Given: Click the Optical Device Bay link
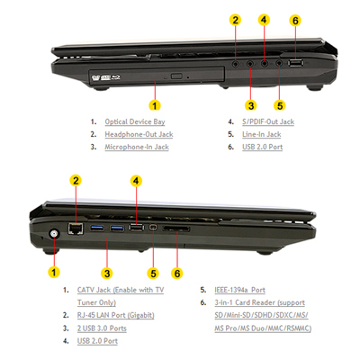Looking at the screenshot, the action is pyautogui.click(x=135, y=121).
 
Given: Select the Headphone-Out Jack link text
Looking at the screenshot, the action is pyautogui.click(x=139, y=134).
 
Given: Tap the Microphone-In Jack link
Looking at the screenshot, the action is pyautogui.click(x=137, y=147).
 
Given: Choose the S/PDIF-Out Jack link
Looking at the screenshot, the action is pyautogui.click(x=268, y=121).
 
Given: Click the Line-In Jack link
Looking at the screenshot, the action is pyautogui.click(x=262, y=134).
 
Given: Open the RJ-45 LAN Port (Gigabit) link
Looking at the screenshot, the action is pyautogui.click(x=116, y=315).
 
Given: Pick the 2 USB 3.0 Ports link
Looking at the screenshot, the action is pyautogui.click(x=102, y=328).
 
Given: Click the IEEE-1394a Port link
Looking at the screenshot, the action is pyautogui.click(x=240, y=290).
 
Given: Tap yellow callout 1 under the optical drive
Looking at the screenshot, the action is pyautogui.click(x=155, y=105).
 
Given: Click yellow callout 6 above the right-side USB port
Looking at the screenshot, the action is pyautogui.click(x=295, y=21).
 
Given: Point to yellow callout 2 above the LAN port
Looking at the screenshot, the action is pyautogui.click(x=76, y=181).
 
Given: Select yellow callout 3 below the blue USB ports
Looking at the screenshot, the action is pyautogui.click(x=107, y=274).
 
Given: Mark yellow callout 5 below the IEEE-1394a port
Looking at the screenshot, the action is pyautogui.click(x=153, y=274).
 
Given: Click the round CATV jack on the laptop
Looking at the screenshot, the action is pyautogui.click(x=54, y=234).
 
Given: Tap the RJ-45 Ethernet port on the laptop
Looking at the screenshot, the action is pyautogui.click(x=76, y=229).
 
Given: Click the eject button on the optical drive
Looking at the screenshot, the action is pyautogui.click(x=176, y=76).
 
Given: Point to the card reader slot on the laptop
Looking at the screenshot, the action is pyautogui.click(x=176, y=229).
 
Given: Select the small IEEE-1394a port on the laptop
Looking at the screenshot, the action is pyautogui.click(x=153, y=228).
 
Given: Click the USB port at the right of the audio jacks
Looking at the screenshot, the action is pyautogui.click(x=295, y=63).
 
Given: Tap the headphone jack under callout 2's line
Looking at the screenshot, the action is pyautogui.click(x=236, y=64).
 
